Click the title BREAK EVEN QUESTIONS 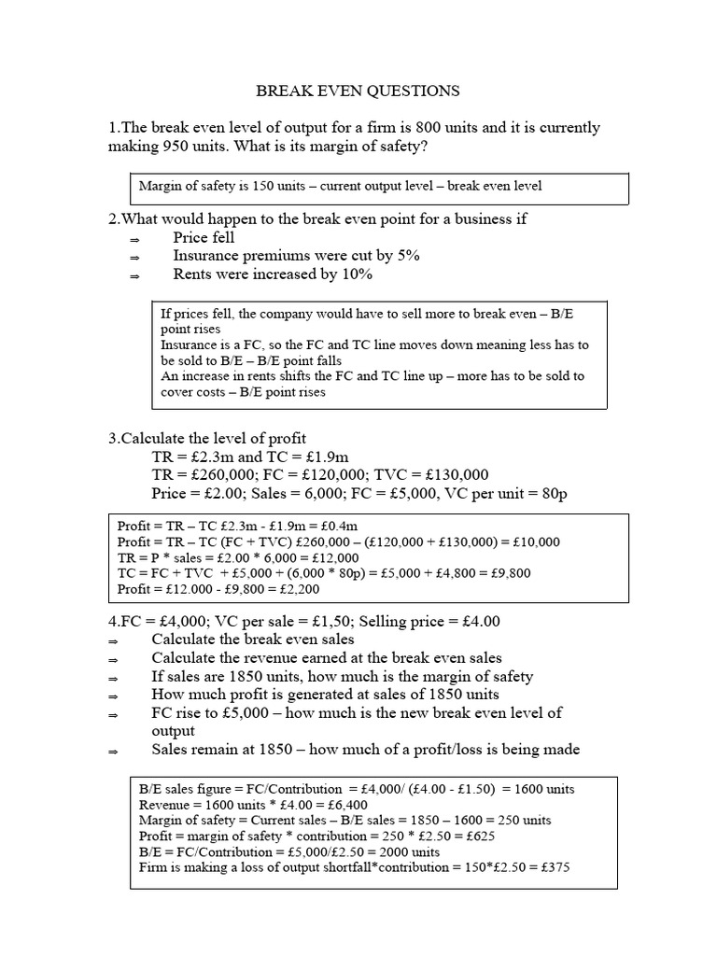(x=358, y=91)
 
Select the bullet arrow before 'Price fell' (x=134, y=240)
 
